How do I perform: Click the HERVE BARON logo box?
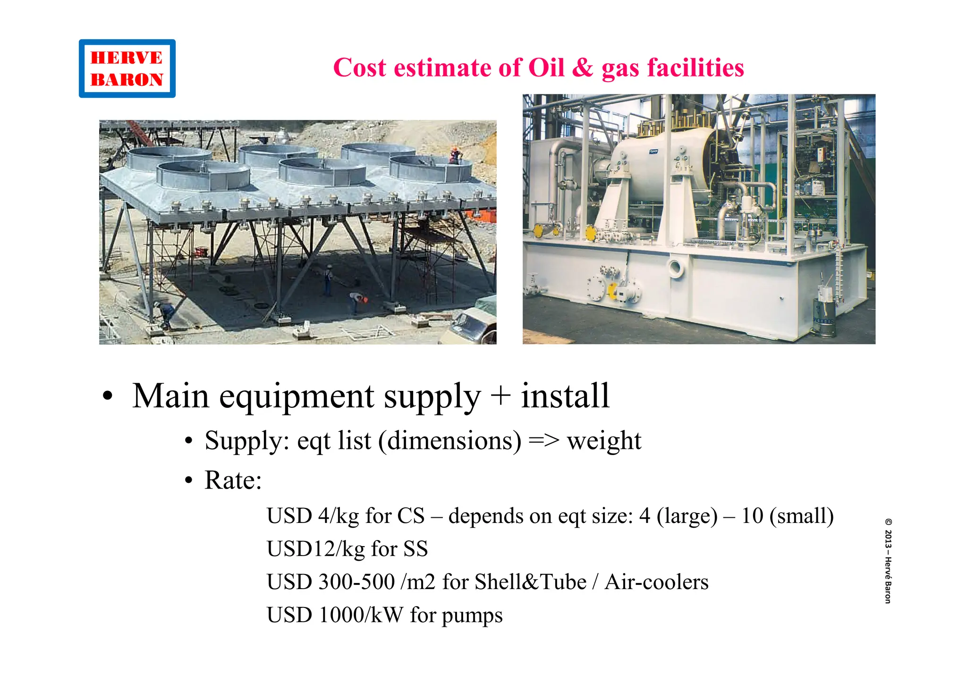tap(127, 68)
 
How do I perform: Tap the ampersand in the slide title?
tap(583, 67)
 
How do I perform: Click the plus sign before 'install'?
tap(500, 396)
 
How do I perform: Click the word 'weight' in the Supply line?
tap(604, 441)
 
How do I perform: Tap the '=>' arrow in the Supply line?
tap(544, 441)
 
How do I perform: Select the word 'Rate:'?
tap(233, 481)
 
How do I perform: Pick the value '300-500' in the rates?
tap(356, 582)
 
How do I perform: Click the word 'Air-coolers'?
tap(656, 582)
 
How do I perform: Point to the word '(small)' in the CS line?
tap(801, 516)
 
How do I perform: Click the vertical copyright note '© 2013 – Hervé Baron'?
tap(888, 561)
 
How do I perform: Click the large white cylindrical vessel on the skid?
tap(661, 163)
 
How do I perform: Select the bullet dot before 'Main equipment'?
tap(108, 396)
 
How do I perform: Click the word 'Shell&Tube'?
tap(530, 582)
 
